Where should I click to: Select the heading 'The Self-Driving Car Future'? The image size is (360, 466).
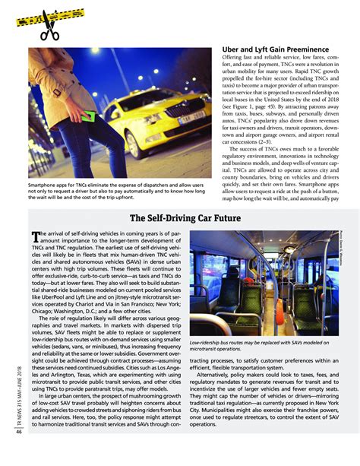click(x=180, y=218)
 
